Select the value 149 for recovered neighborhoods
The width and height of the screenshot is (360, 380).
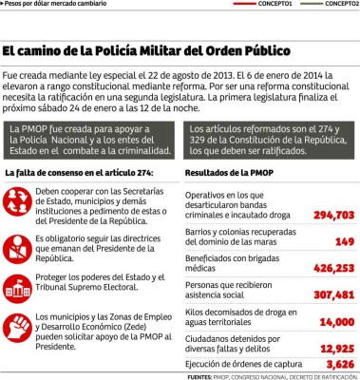pos(343,241)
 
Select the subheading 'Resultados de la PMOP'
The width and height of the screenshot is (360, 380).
pos(227,173)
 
